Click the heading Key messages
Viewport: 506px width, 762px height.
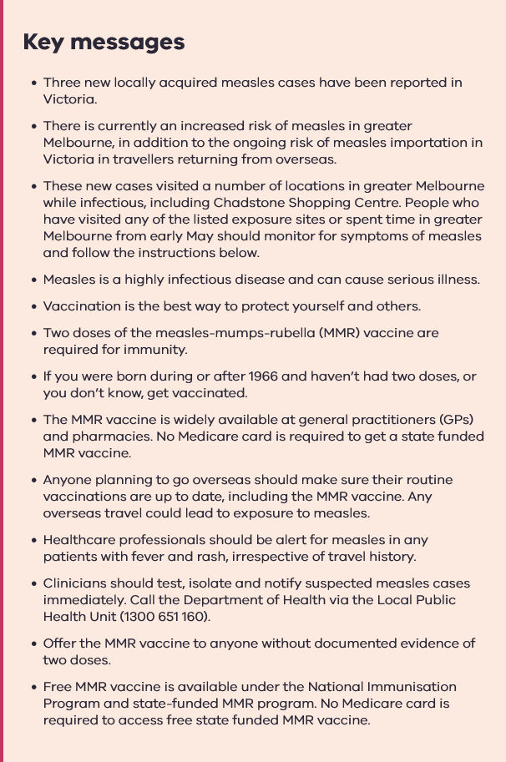104,42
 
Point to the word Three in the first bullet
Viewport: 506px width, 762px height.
62,83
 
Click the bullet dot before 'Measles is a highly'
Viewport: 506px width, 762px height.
33,280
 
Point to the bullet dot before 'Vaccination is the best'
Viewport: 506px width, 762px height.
33,307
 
